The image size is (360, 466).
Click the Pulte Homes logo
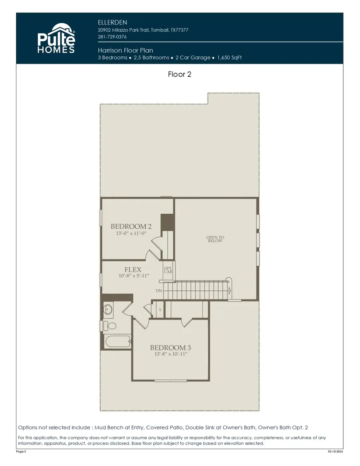56,39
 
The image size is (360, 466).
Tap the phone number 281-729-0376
112,37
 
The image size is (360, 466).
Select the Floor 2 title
180,74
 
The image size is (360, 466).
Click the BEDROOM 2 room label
131,226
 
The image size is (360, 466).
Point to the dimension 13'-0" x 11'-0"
131,233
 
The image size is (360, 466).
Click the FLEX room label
133,270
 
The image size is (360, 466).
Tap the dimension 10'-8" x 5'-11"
133,276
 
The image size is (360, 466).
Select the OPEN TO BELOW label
215,239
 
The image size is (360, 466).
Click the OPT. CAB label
168,270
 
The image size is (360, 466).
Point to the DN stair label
159,291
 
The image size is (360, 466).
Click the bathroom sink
108,309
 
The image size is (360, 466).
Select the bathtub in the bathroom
117,342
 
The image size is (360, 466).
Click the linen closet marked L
160,310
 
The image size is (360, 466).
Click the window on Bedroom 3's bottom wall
170,380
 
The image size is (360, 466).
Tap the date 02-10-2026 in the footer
335,451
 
